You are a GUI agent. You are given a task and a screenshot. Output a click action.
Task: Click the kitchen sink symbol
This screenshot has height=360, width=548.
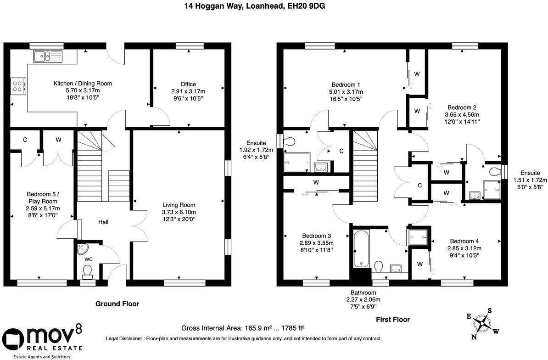click(x=48, y=56)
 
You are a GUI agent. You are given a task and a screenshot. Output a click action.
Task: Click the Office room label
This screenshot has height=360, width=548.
click(x=188, y=84)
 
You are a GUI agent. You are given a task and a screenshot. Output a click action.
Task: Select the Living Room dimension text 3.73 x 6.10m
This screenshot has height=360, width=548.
click(x=179, y=212)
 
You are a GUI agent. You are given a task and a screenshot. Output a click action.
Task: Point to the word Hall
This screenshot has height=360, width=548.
click(x=103, y=222)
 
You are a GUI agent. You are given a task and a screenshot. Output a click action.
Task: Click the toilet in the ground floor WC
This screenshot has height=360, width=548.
click(x=87, y=271)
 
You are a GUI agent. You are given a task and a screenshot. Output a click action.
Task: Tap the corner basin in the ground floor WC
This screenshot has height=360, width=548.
click(x=83, y=249)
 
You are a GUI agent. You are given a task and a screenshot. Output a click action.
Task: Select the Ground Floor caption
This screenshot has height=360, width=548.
click(x=117, y=304)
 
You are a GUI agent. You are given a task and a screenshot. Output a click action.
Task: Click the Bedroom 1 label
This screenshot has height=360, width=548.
click(x=346, y=84)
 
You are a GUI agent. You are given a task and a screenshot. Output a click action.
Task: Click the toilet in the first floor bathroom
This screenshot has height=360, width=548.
click(x=378, y=267)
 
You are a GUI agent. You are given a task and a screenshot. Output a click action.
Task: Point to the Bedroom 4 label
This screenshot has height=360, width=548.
click(x=464, y=241)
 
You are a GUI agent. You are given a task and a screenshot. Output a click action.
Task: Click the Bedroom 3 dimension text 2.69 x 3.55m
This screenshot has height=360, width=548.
click(x=316, y=243)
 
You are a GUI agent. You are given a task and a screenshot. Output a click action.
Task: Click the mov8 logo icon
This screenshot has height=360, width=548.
click(x=13, y=339)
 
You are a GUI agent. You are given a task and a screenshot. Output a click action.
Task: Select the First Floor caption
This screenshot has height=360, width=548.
click(x=393, y=319)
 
